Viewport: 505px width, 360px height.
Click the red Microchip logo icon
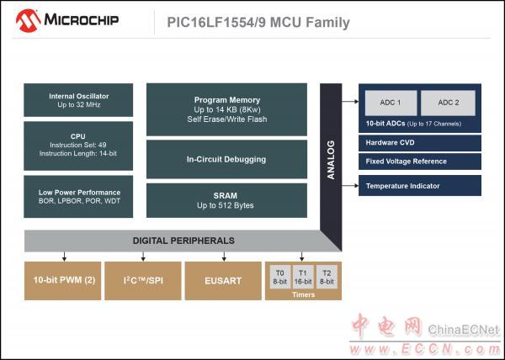(28, 20)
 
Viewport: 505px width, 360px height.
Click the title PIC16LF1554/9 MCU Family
(258, 23)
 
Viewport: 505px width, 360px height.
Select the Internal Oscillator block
(78, 100)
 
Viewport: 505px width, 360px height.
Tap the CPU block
(78, 146)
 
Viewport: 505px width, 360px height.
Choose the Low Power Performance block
(78, 197)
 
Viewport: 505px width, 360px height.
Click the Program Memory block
(226, 109)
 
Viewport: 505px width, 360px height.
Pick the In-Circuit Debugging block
(226, 159)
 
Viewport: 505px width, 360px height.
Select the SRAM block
(226, 200)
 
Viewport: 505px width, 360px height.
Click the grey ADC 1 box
(391, 103)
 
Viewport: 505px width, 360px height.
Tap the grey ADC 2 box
(448, 103)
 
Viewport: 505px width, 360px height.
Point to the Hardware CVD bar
(420, 143)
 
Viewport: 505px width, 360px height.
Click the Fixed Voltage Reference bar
(420, 161)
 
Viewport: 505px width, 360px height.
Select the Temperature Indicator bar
(420, 186)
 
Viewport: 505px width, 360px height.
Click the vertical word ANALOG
(331, 160)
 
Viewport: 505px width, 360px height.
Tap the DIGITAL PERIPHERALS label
(183, 241)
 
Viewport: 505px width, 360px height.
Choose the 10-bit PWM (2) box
(63, 281)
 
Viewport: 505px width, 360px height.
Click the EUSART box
(223, 281)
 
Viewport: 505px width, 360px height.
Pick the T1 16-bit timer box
(303, 277)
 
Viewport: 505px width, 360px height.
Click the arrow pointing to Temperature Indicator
(350, 186)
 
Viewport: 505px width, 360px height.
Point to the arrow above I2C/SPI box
(143, 257)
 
